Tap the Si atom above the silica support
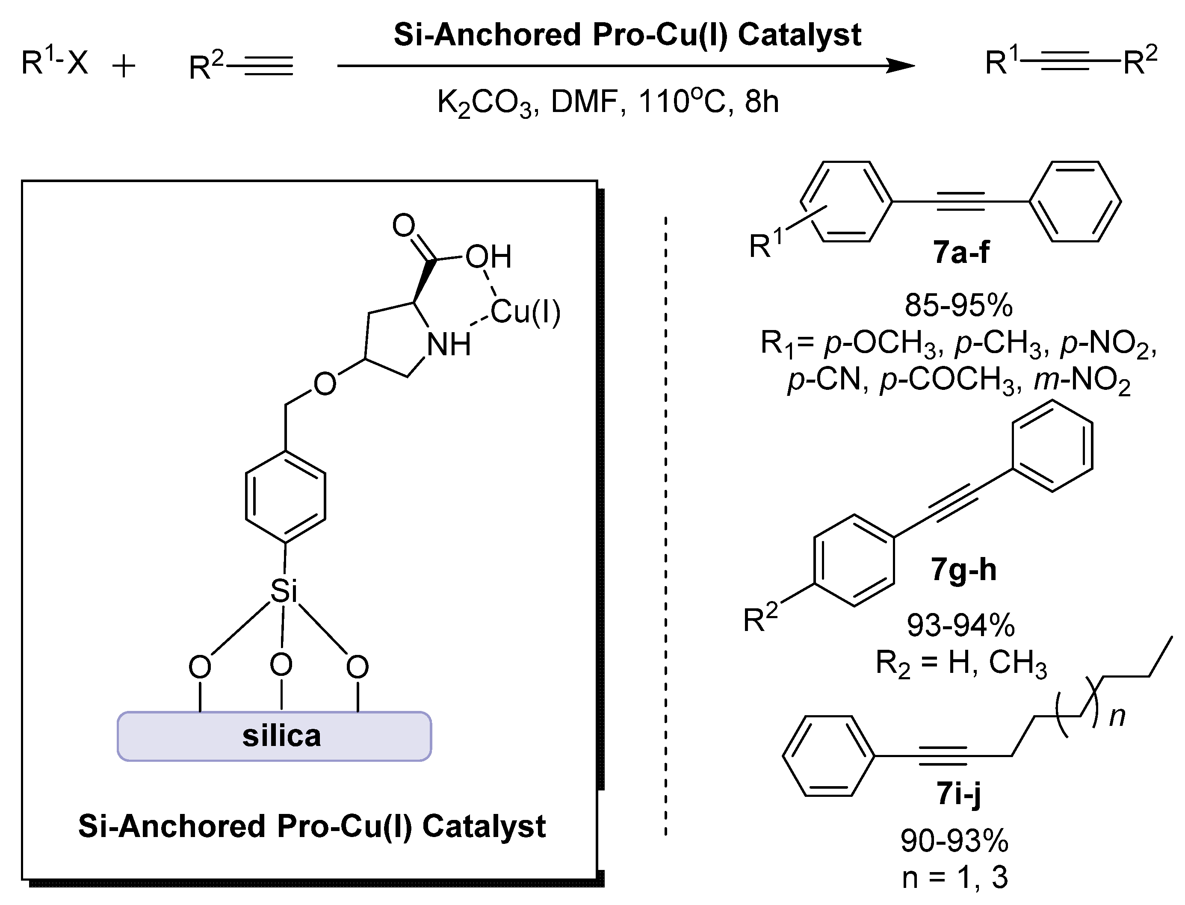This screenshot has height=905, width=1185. click(x=284, y=591)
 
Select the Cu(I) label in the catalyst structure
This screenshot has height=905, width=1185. click(x=526, y=312)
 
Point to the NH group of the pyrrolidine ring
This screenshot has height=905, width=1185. click(x=448, y=345)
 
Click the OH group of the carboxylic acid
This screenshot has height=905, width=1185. click(x=488, y=256)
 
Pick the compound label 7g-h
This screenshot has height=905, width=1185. click(x=963, y=569)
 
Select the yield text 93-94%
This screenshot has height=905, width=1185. click(x=961, y=625)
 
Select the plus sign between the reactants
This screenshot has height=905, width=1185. click(x=124, y=68)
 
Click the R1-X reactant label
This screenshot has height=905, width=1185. click(x=54, y=62)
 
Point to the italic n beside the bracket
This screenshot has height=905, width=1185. click(x=1117, y=716)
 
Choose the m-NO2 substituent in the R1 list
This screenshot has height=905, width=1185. click(x=1082, y=380)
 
